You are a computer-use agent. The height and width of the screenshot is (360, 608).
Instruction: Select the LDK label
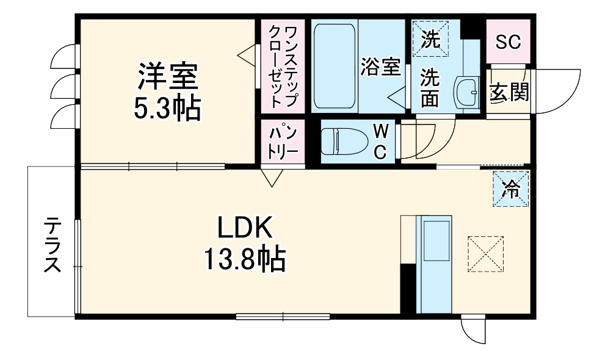click(244, 228)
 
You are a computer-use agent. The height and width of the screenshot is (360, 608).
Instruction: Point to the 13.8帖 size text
click(244, 259)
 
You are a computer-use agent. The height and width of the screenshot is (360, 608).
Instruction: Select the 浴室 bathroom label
click(380, 67)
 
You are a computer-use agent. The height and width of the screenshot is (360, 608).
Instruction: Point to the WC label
click(380, 142)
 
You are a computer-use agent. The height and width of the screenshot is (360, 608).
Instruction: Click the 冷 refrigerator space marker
click(510, 189)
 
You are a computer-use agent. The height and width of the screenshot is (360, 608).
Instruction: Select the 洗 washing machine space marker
click(430, 39)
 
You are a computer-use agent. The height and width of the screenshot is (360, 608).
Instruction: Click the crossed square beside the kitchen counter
click(486, 254)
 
